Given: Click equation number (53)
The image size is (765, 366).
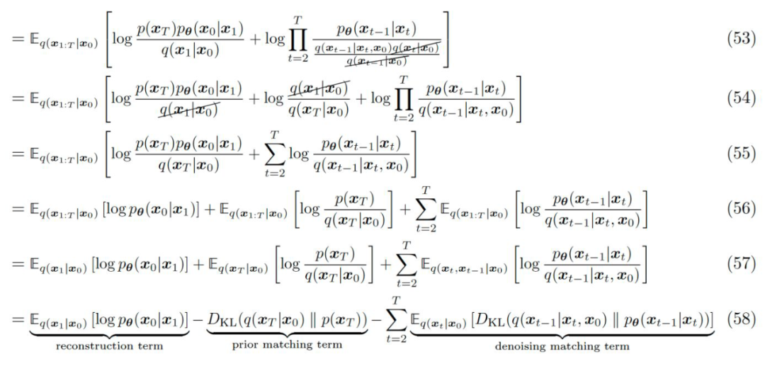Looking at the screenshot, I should tap(742, 39).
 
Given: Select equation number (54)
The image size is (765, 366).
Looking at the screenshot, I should tap(742, 100).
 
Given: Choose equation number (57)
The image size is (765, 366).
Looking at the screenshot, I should tap(742, 264).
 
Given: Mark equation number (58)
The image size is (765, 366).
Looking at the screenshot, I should tap(742, 319).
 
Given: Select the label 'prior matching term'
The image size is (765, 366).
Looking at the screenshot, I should tap(287, 347).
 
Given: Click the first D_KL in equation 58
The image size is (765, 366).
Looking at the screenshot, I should tap(221, 320).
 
